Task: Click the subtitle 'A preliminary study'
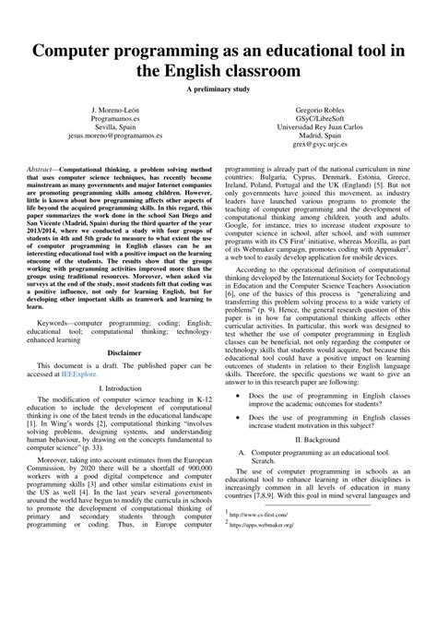(x=218, y=89)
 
